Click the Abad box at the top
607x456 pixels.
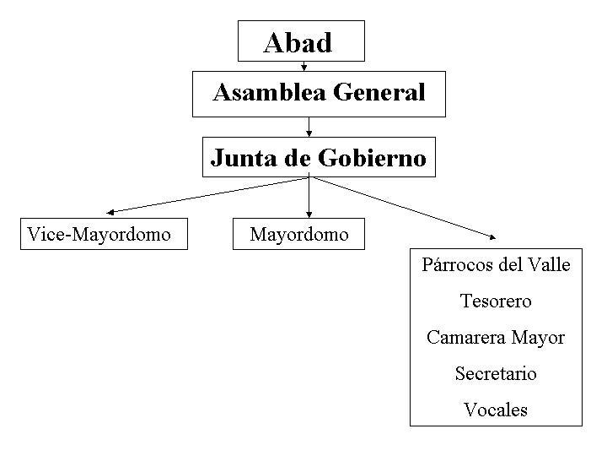[301, 41]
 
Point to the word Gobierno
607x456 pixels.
[372, 157]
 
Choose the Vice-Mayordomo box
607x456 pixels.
[99, 234]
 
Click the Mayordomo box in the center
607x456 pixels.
[299, 234]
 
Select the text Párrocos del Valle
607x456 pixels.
[496, 265]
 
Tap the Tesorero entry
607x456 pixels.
[496, 301]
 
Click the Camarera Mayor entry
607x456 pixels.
[496, 338]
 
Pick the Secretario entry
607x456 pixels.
[496, 373]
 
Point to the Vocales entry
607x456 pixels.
[496, 410]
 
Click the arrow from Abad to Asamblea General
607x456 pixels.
[303, 65]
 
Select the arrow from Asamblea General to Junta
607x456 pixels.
[309, 127]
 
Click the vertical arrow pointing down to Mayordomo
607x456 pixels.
[309, 198]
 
